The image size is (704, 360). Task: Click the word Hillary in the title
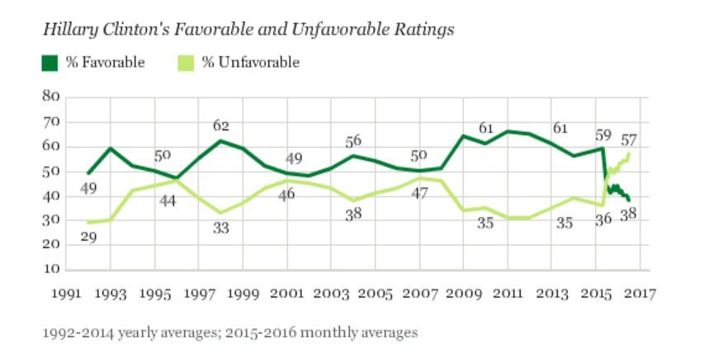tap(67, 30)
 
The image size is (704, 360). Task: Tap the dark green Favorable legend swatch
tap(51, 62)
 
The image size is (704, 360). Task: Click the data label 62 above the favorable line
tap(220, 126)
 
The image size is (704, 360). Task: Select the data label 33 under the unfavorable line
tap(221, 229)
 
